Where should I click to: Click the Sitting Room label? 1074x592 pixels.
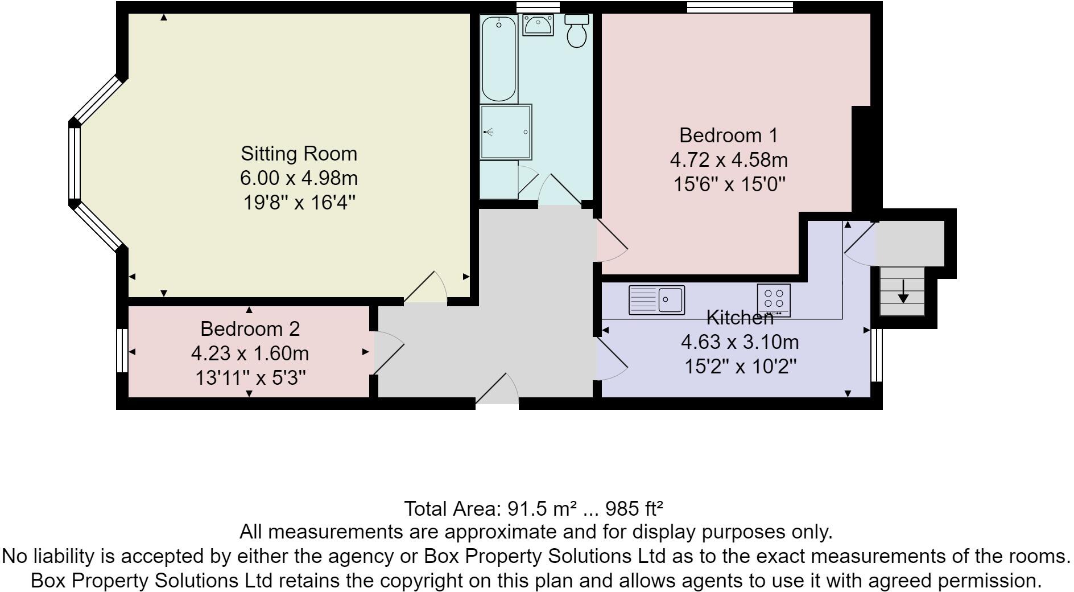(299, 154)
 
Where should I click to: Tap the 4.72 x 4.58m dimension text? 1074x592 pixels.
(728, 160)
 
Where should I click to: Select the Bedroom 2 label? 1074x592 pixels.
(250, 329)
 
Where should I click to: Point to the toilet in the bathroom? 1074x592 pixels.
(576, 31)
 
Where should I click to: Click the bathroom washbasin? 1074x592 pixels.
(538, 25)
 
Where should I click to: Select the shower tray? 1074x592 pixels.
(506, 132)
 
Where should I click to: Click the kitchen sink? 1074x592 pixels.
(656, 300)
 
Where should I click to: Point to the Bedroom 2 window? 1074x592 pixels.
(122, 351)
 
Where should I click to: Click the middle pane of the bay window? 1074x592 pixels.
(75, 163)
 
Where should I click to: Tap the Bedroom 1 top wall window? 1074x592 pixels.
(740, 7)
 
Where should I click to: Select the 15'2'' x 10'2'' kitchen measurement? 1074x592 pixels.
(740, 367)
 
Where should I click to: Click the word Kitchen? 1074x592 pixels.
(740, 318)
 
